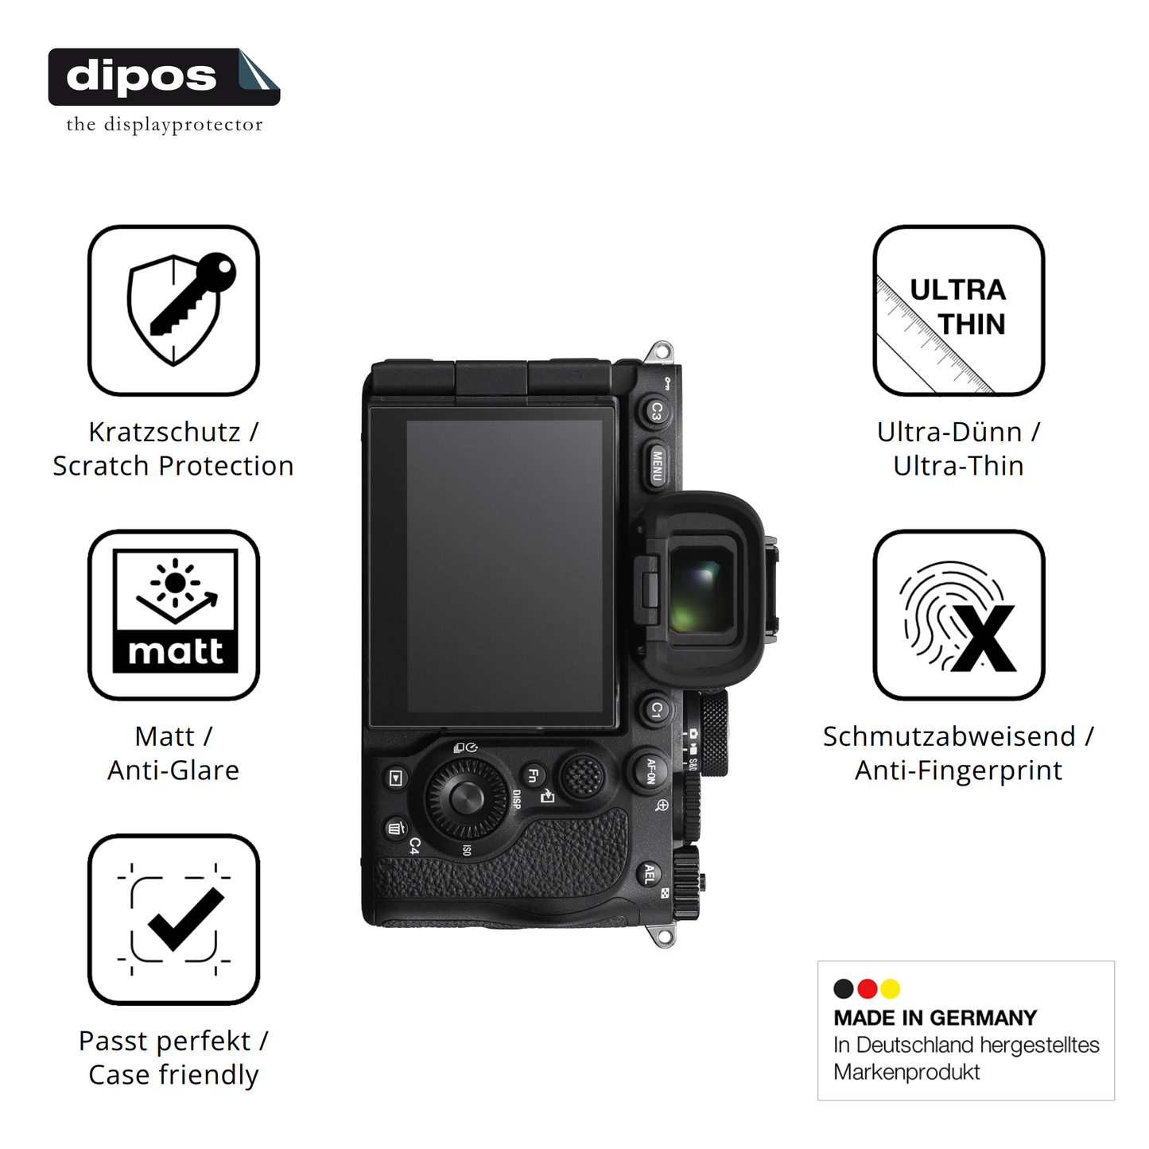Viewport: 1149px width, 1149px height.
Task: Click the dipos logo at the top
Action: tap(164, 77)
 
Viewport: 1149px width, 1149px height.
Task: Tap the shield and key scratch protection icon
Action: tap(173, 310)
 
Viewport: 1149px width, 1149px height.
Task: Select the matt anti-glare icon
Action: tap(173, 615)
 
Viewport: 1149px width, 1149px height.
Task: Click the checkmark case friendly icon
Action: tap(173, 919)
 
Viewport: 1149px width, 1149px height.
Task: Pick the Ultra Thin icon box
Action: tap(959, 310)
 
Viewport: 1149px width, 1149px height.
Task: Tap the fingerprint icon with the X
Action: tap(959, 615)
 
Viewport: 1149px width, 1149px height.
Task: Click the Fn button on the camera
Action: tap(533, 776)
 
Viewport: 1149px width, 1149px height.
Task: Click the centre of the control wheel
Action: tap(467, 798)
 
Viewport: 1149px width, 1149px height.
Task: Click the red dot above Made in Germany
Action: tap(867, 988)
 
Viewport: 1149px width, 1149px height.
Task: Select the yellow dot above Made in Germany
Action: tap(891, 988)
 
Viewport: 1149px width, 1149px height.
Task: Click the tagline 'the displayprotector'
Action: tap(165, 125)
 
